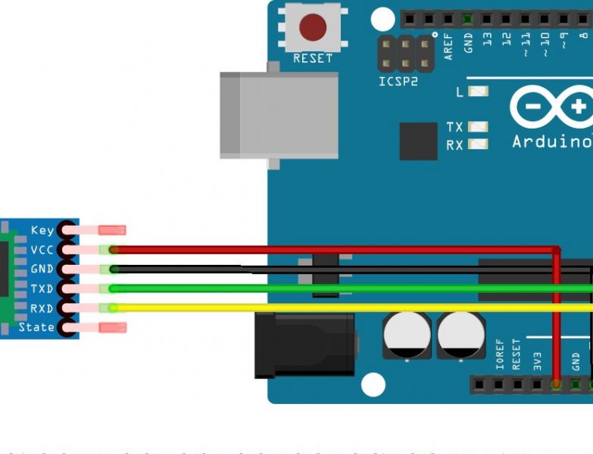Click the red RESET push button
312,28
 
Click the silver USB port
279,115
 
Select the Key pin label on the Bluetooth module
42,230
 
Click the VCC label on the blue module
42,250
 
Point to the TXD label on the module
42,289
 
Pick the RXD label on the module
42,308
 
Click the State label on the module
36,328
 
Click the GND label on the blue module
42,269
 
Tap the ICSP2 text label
398,82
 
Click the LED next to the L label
478,92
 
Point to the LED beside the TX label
478,127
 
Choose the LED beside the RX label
478,145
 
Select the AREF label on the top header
448,45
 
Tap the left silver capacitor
407,337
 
